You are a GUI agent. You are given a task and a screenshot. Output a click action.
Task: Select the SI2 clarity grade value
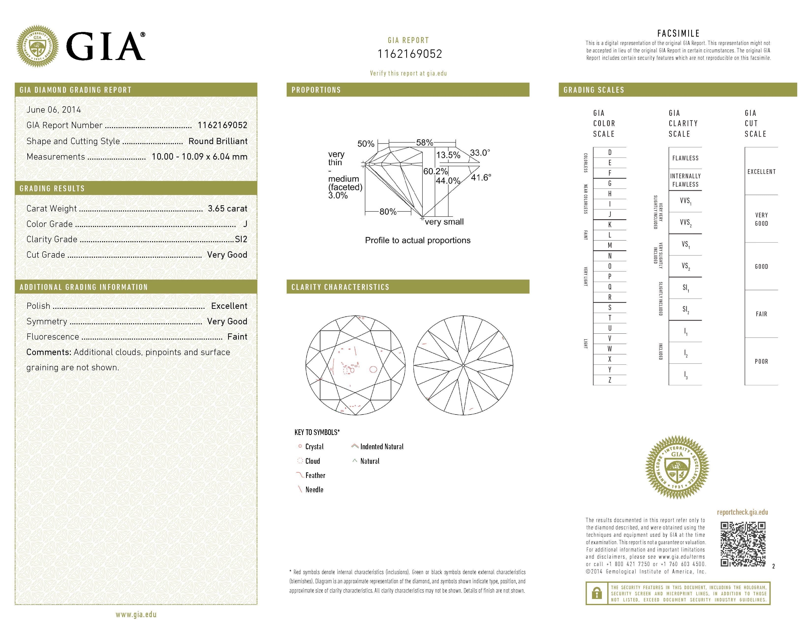(x=241, y=239)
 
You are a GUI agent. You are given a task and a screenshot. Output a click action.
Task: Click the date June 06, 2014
(x=54, y=110)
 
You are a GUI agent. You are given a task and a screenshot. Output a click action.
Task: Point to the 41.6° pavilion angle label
(x=481, y=178)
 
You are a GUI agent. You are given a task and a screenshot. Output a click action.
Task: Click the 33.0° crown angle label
(x=480, y=153)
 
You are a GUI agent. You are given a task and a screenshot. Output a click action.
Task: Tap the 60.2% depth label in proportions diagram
(x=435, y=171)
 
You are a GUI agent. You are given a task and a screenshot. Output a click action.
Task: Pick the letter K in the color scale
(x=610, y=225)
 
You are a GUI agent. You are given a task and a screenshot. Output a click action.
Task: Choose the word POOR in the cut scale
(x=761, y=361)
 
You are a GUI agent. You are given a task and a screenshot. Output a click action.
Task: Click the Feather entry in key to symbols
(x=315, y=476)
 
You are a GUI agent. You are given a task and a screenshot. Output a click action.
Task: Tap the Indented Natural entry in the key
(x=381, y=447)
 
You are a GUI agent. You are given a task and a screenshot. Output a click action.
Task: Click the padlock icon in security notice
(x=596, y=593)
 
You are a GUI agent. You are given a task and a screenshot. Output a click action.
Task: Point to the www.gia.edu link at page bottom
(x=136, y=615)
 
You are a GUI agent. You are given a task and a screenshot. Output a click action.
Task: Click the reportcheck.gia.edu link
(x=742, y=512)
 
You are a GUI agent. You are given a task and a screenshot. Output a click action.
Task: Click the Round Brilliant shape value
(x=218, y=141)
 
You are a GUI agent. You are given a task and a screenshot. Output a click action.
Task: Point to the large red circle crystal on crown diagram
(x=373, y=369)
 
